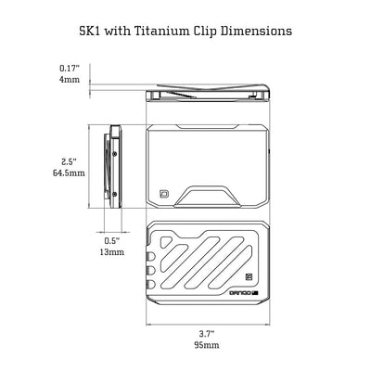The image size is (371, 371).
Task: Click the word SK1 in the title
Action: (x=90, y=31)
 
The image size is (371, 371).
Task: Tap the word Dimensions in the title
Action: (x=256, y=31)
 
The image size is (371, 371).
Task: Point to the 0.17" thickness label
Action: (x=70, y=68)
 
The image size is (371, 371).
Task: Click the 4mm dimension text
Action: (x=70, y=80)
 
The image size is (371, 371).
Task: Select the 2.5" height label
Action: (x=69, y=161)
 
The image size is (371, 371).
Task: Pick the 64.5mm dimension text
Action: (x=69, y=173)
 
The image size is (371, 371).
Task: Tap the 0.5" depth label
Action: (x=111, y=240)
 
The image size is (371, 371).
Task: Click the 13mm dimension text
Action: (x=112, y=252)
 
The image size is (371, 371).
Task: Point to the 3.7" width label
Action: (x=207, y=334)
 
